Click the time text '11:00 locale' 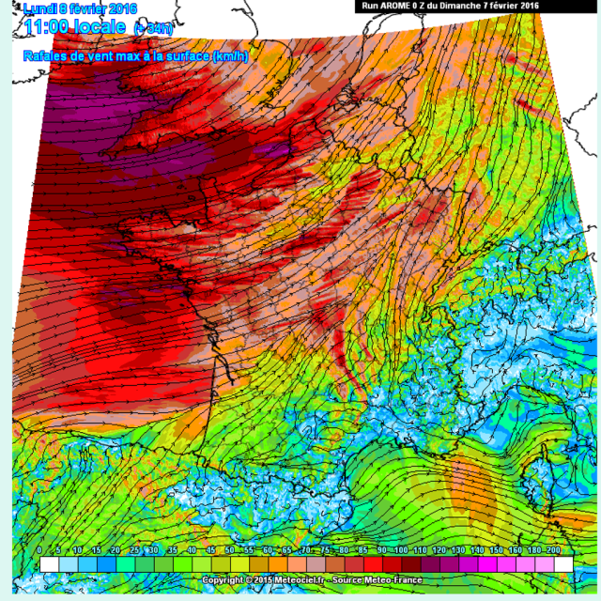(76, 26)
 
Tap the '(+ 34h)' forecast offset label (153, 28)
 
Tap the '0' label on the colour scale (39, 549)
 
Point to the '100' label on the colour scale (401, 549)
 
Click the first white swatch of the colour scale (49, 563)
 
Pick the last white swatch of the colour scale (562, 563)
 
